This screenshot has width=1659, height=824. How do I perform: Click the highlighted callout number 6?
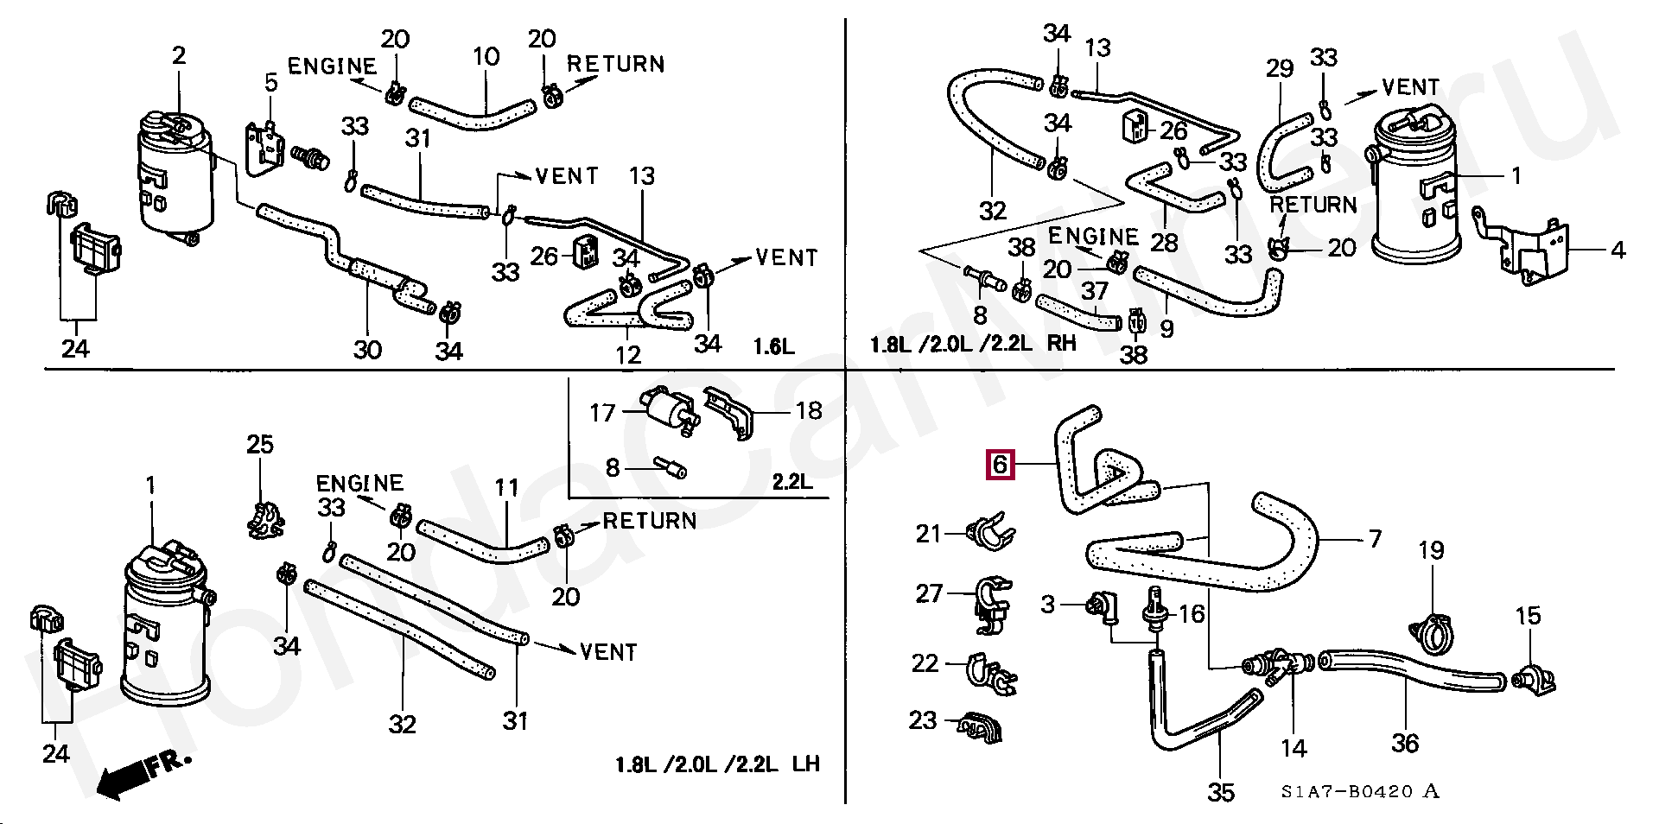1000,465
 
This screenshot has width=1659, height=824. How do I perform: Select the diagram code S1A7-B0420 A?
1360,792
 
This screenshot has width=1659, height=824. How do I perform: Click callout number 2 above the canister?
179,56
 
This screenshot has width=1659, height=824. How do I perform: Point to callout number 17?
602,413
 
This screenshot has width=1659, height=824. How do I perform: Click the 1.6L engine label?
773,347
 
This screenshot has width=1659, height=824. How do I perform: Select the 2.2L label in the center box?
791,481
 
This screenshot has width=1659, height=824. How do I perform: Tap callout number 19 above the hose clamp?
1431,550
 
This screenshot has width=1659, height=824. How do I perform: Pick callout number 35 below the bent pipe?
1220,791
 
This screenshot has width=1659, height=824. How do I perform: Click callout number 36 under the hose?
1405,743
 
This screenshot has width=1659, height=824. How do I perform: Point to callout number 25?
260,445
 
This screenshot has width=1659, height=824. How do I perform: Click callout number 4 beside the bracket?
1618,250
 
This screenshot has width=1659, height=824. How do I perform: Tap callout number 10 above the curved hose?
486,57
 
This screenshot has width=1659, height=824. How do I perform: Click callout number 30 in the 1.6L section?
367,350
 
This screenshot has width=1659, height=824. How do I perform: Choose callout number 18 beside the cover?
809,410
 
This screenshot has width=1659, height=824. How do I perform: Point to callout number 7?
1375,539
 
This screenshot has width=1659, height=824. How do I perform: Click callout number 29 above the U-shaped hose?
1280,68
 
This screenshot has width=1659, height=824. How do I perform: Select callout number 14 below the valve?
1294,748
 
